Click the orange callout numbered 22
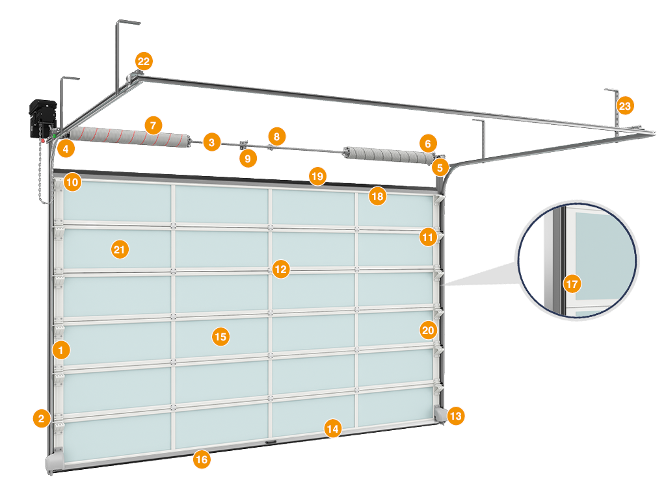(143, 62)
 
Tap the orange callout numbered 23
(624, 106)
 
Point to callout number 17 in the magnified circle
(572, 284)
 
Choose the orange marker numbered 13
(456, 415)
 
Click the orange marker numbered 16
(202, 459)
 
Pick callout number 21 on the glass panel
(119, 249)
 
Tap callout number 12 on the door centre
(280, 268)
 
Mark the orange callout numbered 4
(64, 149)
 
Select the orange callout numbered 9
(246, 157)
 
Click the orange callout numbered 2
(41, 418)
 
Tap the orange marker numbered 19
(317, 176)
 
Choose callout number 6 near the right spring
(427, 143)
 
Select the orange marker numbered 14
(332, 428)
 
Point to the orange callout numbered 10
(72, 183)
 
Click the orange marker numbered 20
(427, 330)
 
